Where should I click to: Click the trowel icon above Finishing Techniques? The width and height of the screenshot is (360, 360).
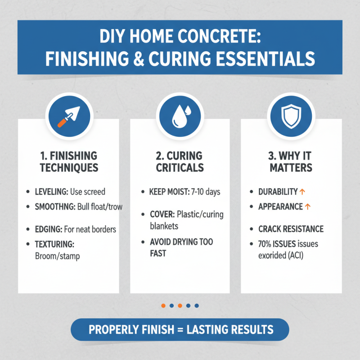[69, 116]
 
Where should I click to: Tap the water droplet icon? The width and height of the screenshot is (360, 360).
[180, 116]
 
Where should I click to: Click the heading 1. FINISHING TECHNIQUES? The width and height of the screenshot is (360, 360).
[68, 162]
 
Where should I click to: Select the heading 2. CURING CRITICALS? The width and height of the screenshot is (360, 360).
[180, 162]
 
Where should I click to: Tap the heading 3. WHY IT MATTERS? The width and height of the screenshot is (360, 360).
[290, 162]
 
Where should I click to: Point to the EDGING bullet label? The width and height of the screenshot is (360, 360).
[48, 229]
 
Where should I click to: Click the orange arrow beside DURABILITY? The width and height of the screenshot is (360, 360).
[302, 192]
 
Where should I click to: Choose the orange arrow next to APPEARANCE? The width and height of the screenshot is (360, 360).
[308, 207]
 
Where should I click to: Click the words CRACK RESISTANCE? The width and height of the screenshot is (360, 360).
[291, 229]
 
